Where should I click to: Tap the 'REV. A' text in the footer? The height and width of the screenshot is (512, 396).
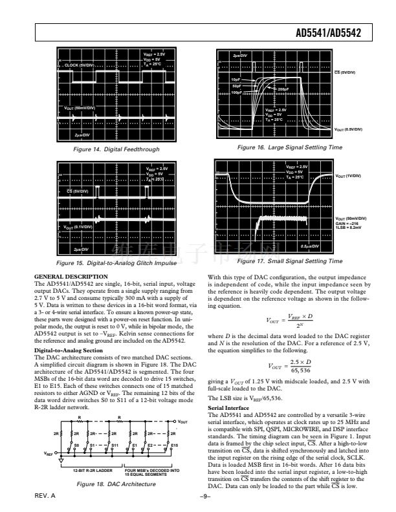point(45,495)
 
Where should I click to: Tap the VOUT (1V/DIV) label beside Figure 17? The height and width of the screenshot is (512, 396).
point(350,176)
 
